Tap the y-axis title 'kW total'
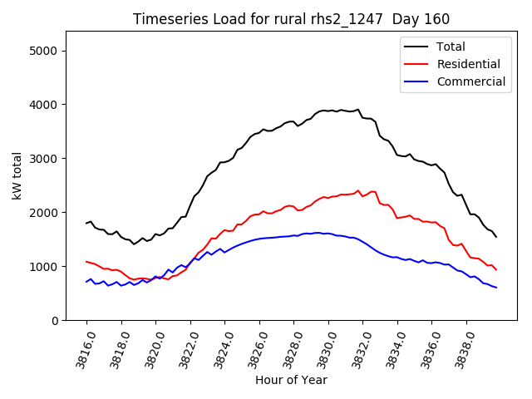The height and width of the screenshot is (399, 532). point(17,176)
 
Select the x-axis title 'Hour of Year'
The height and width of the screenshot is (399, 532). point(291,380)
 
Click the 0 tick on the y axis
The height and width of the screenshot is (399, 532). point(55,321)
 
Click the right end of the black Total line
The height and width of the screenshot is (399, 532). point(496,237)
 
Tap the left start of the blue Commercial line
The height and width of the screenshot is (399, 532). point(86,282)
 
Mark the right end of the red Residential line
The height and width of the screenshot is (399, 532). point(496,269)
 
